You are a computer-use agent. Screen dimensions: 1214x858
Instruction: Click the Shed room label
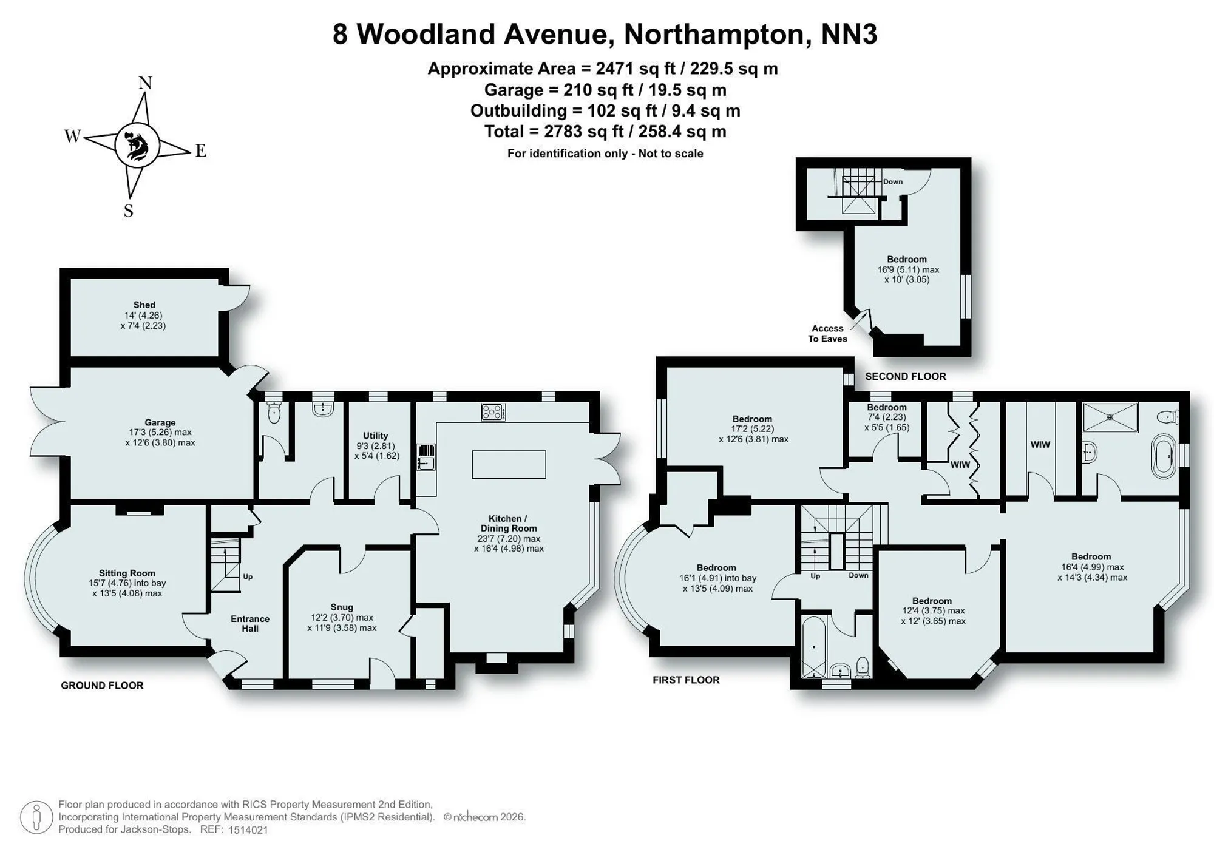pos(144,305)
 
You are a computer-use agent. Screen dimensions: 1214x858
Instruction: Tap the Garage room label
pos(160,422)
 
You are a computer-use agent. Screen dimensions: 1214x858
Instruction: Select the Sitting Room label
pos(127,573)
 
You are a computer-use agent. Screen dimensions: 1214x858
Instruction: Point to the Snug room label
pos(342,607)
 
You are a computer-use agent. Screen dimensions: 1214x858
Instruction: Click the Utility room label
pos(376,436)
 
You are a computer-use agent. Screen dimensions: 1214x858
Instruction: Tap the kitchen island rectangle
pos(509,464)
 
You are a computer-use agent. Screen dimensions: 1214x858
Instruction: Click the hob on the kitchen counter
pos(493,413)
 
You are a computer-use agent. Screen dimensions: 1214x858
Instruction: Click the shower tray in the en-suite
pos(1110,417)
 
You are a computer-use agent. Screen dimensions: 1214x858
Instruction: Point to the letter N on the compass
pos(145,83)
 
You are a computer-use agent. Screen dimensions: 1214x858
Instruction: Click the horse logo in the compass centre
pos(137,146)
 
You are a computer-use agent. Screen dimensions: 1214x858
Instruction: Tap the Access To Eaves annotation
pos(827,334)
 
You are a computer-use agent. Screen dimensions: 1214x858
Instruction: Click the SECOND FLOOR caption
pos(906,377)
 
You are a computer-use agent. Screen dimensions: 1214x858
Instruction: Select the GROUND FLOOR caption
pos(102,686)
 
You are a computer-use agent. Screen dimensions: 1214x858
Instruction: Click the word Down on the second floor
pos(893,181)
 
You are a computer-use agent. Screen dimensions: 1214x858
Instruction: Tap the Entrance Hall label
pos(250,624)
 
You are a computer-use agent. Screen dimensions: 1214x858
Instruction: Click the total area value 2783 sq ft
pos(569,132)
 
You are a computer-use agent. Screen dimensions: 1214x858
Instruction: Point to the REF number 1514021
pos(248,830)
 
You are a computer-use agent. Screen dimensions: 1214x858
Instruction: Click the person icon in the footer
pos(36,817)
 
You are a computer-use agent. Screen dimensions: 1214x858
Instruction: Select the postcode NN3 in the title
pos(849,34)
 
